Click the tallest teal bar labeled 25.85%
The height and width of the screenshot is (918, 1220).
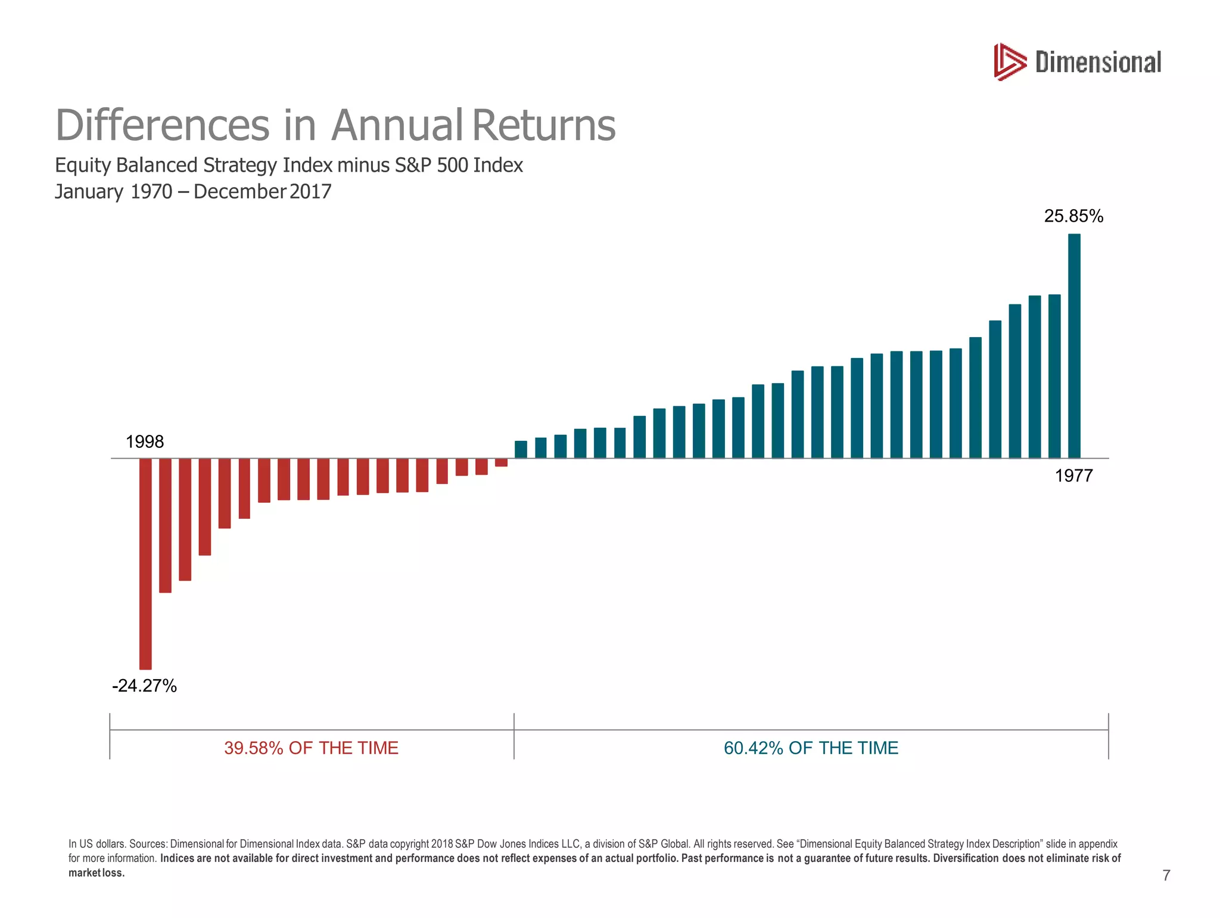click(x=1074, y=346)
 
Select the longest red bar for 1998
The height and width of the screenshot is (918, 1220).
click(x=145, y=563)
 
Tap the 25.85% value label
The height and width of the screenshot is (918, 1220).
click(x=1073, y=216)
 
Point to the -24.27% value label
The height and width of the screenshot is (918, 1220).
click(x=144, y=686)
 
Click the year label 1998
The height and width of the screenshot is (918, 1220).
click(x=145, y=442)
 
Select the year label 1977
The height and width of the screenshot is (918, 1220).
click(x=1073, y=476)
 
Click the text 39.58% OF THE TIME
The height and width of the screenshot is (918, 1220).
click(x=311, y=748)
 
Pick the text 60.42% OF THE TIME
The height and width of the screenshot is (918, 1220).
click(x=811, y=748)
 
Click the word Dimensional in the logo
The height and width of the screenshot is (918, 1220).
click(x=1098, y=63)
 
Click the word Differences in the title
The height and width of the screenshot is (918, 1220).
click(x=162, y=126)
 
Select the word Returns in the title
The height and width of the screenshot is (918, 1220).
click(x=544, y=126)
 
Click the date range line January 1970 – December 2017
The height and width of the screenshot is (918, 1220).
click(x=193, y=192)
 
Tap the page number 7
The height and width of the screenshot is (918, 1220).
click(x=1166, y=875)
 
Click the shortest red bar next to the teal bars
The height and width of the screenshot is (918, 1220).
click(x=501, y=462)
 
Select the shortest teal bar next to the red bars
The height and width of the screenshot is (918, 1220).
click(x=521, y=449)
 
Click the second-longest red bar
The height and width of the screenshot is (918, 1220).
click(x=165, y=525)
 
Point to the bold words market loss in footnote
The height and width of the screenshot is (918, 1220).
click(x=97, y=873)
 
